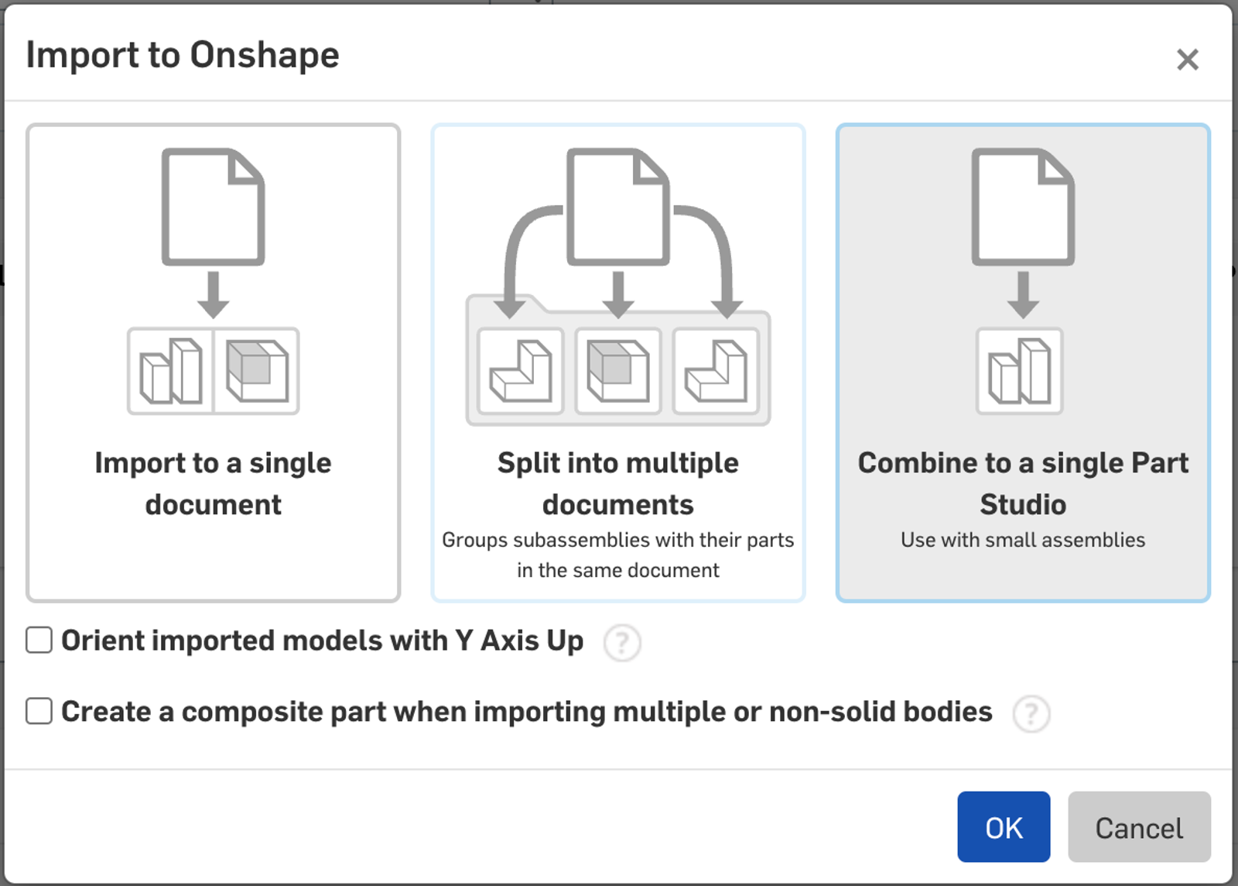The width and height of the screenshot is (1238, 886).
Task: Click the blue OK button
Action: pos(1004,827)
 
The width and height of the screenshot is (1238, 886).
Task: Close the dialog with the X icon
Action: pos(1187,59)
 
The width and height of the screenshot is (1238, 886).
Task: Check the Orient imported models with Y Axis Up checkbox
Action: pos(39,640)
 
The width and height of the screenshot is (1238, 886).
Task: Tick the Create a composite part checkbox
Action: pos(39,711)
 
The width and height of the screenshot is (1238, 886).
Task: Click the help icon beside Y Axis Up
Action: pos(622,642)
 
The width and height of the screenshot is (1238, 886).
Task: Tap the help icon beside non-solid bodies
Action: pos(1031,713)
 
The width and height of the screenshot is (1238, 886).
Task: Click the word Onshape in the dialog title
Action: pos(264,56)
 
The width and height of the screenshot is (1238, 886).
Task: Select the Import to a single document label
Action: pos(214,483)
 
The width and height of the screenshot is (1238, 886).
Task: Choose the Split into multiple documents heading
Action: pos(618,483)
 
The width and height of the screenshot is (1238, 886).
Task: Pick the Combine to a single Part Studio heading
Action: pos(1023,483)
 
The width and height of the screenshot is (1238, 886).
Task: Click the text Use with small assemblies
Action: pos(1023,540)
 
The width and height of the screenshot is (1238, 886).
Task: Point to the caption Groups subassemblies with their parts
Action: pos(618,540)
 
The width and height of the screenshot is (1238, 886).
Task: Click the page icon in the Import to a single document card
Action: pos(214,207)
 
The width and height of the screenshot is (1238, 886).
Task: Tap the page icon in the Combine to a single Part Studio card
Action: pos(1023,207)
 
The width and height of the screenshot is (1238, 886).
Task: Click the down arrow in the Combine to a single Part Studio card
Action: pos(1023,295)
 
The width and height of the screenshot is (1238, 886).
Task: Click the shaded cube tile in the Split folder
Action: pos(618,371)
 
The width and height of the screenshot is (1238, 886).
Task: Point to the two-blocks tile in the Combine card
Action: pos(1020,371)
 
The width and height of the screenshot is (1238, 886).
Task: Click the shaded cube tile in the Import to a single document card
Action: pos(257,371)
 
